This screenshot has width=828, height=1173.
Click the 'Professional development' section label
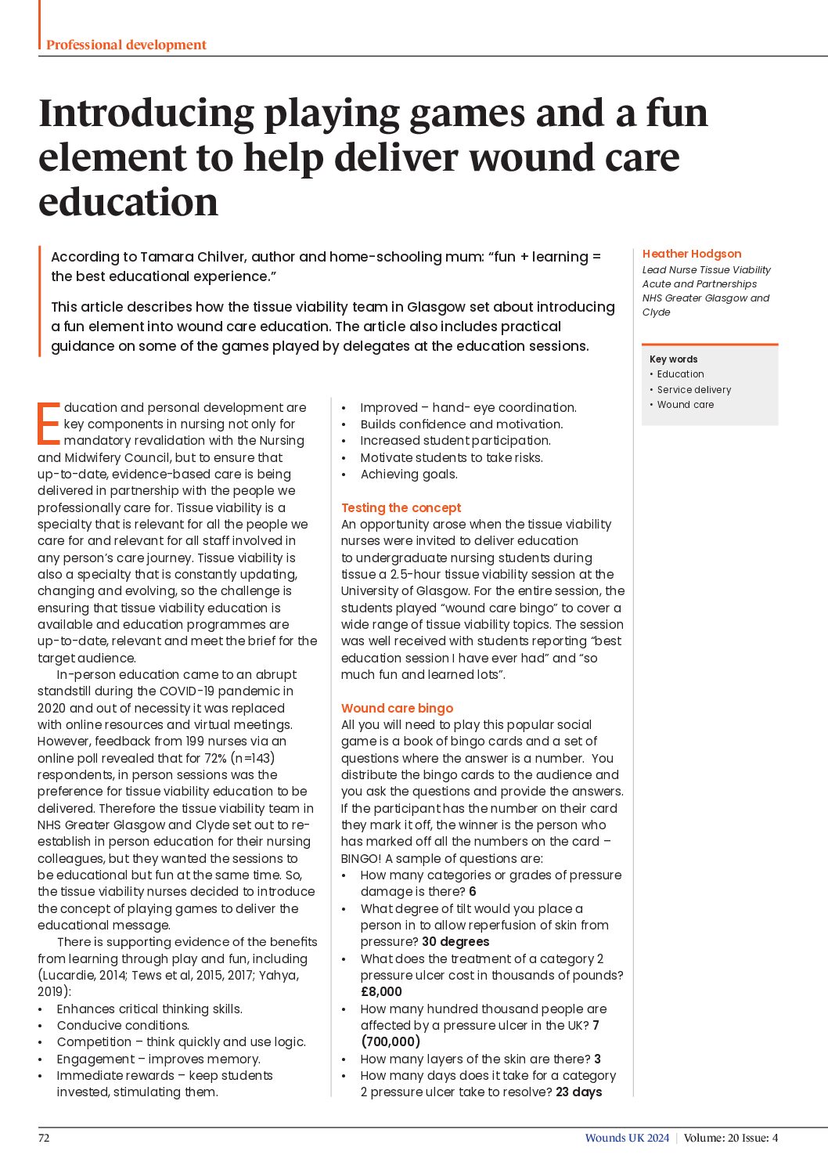point(126,45)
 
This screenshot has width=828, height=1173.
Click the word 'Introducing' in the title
point(146,113)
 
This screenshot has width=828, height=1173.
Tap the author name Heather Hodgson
point(691,254)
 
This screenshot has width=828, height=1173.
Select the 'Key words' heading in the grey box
point(673,359)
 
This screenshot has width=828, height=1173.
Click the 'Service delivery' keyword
point(693,390)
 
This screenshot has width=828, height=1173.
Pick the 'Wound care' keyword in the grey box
point(685,405)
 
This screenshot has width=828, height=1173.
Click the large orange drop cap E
point(49,424)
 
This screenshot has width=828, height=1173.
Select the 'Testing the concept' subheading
point(401,507)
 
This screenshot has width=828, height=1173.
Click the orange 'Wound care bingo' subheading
point(397,708)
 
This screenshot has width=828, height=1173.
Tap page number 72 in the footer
point(44,1138)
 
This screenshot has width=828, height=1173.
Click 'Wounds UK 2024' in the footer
point(627,1138)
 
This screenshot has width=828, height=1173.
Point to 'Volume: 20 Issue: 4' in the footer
point(730,1138)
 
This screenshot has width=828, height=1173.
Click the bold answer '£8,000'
point(381,991)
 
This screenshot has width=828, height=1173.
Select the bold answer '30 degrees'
point(455,941)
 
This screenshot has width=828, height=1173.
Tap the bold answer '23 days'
point(578,1092)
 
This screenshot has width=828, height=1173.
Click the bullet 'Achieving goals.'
point(409,474)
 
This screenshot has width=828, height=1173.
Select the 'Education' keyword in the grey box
point(680,374)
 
